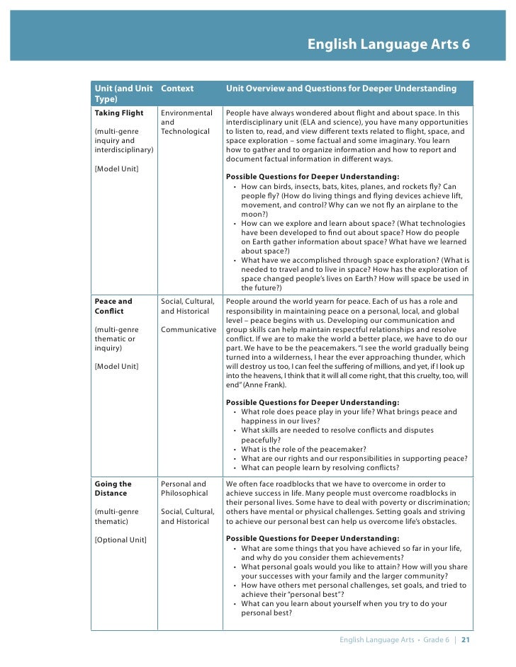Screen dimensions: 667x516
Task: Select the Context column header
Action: pyautogui.click(x=177, y=89)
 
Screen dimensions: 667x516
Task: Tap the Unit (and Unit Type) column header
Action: pyautogui.click(x=123, y=93)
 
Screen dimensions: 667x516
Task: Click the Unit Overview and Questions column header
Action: pyautogui.click(x=341, y=89)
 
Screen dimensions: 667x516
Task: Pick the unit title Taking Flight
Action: pyautogui.click(x=118, y=113)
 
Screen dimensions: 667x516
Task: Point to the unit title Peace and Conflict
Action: pyautogui.click(x=113, y=306)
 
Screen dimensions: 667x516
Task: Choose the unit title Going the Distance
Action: pyautogui.click(x=113, y=489)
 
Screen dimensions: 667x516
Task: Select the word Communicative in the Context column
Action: pyautogui.click(x=188, y=329)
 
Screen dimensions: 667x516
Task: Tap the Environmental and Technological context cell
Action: pyautogui.click(x=186, y=122)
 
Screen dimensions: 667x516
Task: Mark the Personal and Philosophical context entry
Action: pyautogui.click(x=184, y=489)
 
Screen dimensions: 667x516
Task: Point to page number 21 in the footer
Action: pyautogui.click(x=466, y=640)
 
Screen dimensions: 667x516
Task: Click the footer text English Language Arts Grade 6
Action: pyautogui.click(x=394, y=640)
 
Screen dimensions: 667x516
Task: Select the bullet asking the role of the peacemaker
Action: pyautogui.click(x=303, y=449)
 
